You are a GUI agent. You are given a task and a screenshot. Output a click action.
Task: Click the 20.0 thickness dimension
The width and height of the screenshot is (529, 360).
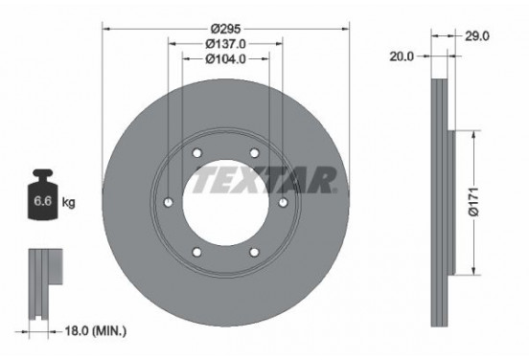point(402,56)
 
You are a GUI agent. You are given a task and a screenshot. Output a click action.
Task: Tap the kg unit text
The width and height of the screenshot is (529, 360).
point(67,204)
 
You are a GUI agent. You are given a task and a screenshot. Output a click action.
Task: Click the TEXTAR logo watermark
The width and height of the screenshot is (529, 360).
point(265,180)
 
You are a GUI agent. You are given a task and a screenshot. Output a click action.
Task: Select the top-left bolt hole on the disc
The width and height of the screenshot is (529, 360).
point(196,154)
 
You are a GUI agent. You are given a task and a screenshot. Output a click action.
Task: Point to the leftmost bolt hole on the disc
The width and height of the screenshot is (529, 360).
point(168,203)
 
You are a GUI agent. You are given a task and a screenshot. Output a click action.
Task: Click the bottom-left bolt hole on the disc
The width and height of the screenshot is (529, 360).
point(196,252)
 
